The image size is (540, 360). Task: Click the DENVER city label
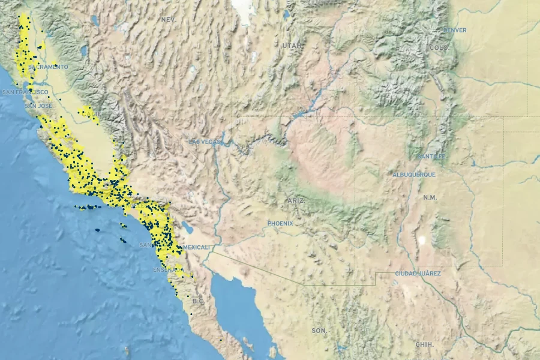click(455, 30)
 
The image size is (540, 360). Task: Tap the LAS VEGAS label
click(205, 142)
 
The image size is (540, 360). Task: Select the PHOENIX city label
click(280, 223)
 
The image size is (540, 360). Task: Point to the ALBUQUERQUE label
click(414, 175)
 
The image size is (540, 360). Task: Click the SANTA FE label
click(433, 157)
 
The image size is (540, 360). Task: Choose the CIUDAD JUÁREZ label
click(418, 274)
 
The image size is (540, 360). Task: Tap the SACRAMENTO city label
click(49, 67)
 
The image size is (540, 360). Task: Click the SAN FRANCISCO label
click(25, 92)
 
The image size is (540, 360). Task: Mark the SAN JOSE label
click(34, 106)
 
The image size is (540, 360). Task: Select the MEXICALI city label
click(197, 247)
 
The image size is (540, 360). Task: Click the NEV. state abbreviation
click(169, 20)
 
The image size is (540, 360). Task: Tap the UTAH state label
click(292, 45)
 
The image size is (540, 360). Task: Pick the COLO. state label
click(439, 47)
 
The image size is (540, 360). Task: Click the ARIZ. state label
click(296, 200)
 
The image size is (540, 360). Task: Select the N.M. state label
click(430, 197)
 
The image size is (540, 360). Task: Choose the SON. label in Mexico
click(319, 331)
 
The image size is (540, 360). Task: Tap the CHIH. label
click(424, 344)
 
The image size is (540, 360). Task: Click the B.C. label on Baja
click(198, 301)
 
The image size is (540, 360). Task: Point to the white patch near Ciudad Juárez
click(422, 241)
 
